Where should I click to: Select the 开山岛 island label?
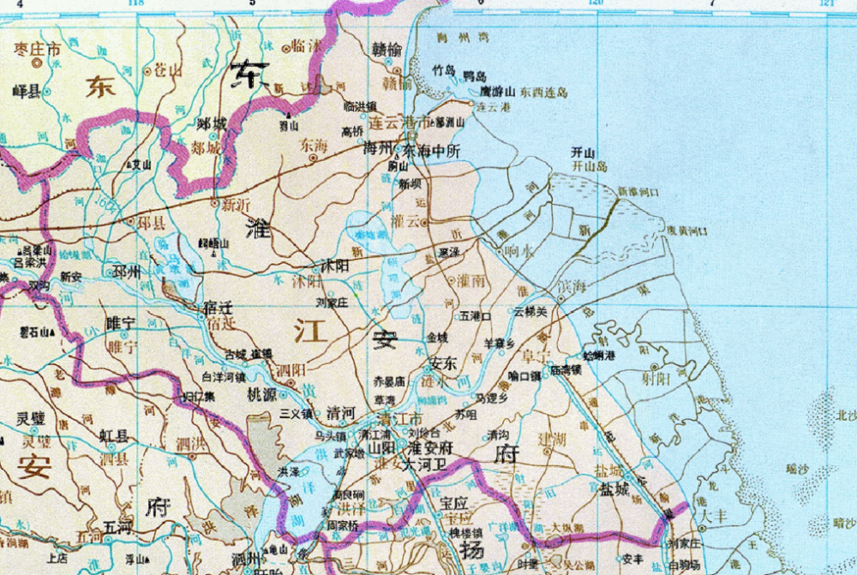589,166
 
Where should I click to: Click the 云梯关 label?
530,313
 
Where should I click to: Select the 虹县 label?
116,436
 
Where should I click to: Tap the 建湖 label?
553,439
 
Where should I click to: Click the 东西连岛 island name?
540,92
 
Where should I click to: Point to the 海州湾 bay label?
454,38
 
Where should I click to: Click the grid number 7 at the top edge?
711,3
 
